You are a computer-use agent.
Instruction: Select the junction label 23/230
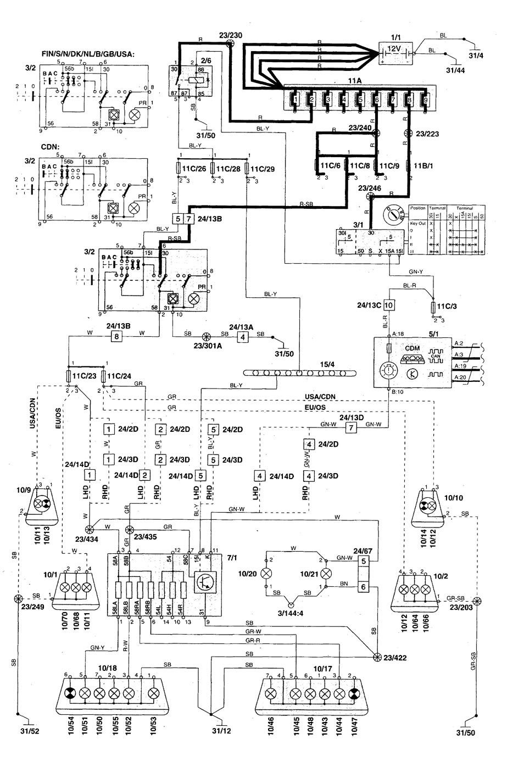pyautogui.click(x=230, y=36)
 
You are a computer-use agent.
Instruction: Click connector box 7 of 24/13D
pyautogui.click(x=351, y=427)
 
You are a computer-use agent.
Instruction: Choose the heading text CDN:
pyautogui.click(x=51, y=147)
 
